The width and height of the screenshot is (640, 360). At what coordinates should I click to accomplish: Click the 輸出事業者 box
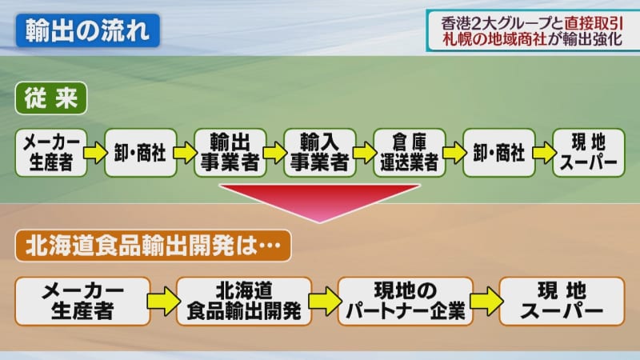tap(228, 152)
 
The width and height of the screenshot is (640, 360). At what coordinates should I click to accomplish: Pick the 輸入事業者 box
tap(318, 152)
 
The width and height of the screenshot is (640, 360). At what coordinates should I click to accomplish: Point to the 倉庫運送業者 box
tap(409, 152)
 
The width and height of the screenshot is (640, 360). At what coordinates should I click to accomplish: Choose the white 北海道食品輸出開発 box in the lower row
tap(244, 301)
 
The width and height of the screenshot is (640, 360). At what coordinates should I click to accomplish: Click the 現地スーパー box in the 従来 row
tap(589, 152)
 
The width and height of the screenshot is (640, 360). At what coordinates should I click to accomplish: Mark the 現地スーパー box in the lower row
tap(562, 301)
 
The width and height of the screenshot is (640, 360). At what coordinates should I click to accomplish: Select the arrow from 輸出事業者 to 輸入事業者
tap(274, 152)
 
